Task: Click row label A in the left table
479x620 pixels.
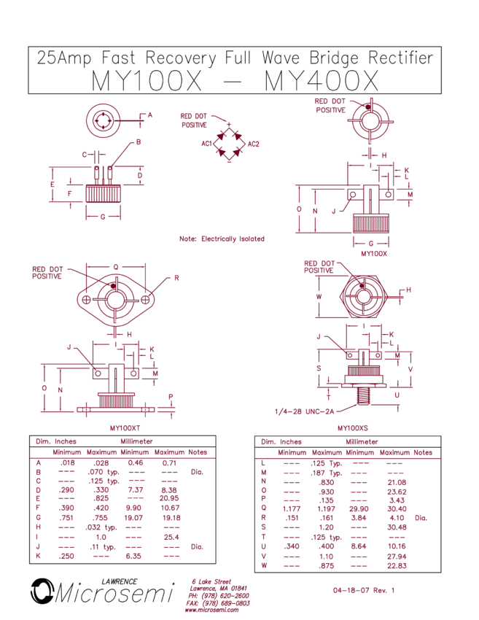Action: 38,462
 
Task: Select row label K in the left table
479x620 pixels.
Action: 38,556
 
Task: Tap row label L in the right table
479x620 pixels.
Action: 262,462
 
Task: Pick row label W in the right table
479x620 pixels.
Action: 262,565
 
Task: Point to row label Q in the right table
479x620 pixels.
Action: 262,509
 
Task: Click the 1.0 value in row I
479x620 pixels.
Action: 101,537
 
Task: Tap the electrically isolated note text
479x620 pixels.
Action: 222,239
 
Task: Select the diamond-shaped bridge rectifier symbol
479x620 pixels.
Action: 230,144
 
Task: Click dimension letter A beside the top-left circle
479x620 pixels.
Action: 150,115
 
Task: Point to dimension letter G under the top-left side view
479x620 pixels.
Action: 103,217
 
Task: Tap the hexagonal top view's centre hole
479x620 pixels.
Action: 362,298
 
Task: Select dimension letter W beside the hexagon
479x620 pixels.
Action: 319,297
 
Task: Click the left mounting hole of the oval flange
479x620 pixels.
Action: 86,300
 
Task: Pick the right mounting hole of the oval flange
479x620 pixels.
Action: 145,300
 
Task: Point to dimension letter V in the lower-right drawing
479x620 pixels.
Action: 410,369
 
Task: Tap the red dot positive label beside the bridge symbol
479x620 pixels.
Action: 194,120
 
